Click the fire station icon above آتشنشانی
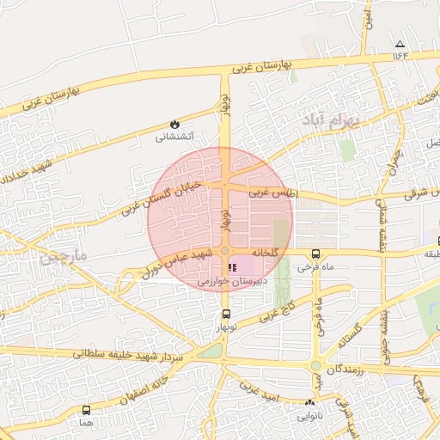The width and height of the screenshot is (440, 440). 175,124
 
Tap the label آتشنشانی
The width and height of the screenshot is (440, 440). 175,137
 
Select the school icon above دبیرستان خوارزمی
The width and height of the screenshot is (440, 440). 233,268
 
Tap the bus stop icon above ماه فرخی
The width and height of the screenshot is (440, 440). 316,254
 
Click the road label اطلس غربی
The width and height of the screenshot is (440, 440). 273,194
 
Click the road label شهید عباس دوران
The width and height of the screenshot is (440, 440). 177,263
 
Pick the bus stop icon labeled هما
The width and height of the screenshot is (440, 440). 86,410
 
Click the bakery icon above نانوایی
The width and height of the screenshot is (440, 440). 309,402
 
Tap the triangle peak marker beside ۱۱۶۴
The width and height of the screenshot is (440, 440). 399,44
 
